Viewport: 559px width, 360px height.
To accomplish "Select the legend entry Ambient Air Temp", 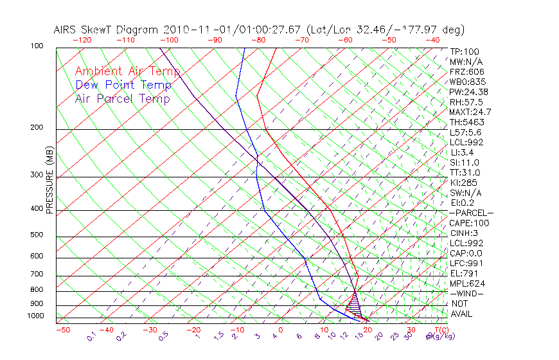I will [x=127, y=71].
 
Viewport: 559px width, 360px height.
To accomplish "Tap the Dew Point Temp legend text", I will [x=123, y=85].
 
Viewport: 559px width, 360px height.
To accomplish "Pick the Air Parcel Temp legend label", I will [x=122, y=98].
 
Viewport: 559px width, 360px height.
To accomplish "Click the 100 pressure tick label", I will [x=37, y=46].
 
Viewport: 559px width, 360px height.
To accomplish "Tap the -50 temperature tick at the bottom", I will [x=62, y=330].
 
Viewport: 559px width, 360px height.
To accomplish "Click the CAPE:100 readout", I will [x=468, y=223].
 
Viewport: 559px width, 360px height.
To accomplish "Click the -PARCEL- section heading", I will [x=471, y=213].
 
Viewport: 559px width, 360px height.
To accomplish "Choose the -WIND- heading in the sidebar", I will [x=468, y=293].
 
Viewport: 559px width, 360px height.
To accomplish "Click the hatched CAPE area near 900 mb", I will [x=353, y=302].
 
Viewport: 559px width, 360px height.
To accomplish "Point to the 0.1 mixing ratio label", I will [x=91, y=336].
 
